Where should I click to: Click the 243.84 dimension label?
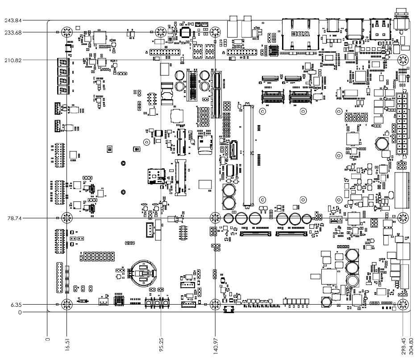coord(12,20)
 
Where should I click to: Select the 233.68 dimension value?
coord(12,32)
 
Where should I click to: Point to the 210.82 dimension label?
coord(12,60)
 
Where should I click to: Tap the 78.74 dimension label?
coord(13,218)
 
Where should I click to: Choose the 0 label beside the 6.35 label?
coord(20,313)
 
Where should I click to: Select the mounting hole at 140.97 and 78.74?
coord(215,218)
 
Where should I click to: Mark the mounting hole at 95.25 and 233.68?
coord(161,32)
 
